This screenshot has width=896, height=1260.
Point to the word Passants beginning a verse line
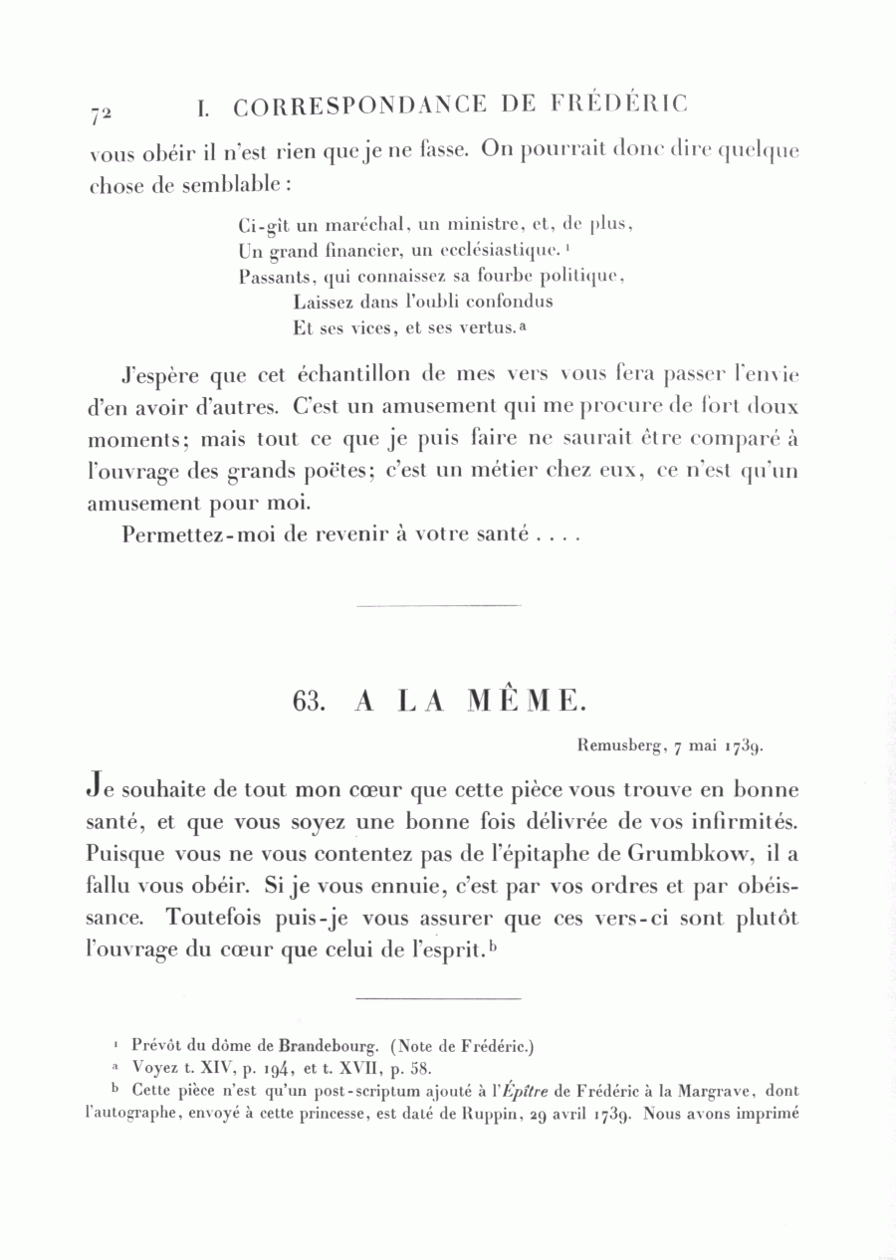pos(275,276)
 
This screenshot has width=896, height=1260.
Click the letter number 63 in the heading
pos(310,701)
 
